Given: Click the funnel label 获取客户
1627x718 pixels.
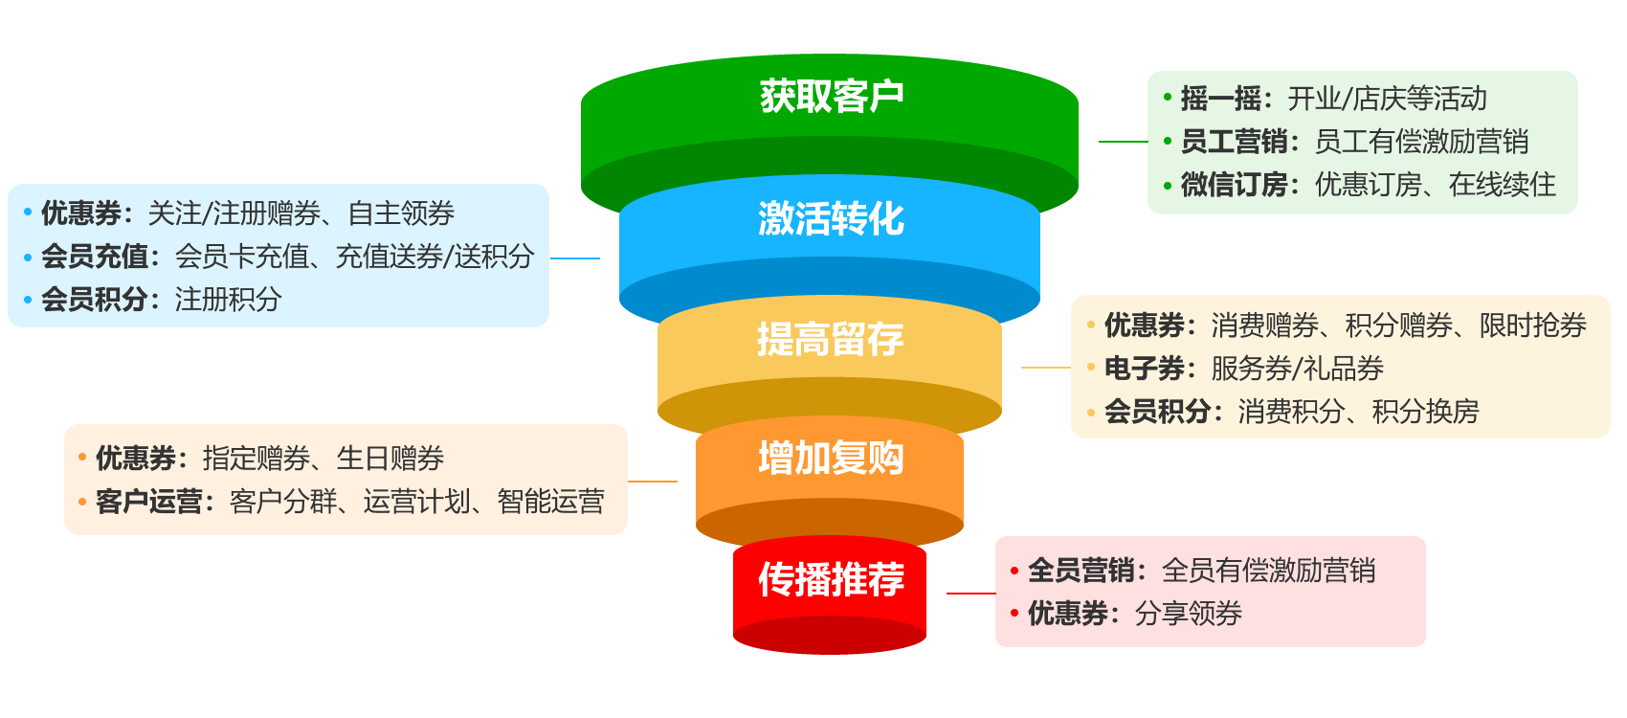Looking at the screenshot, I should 831,96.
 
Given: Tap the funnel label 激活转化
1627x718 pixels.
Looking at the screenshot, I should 831,218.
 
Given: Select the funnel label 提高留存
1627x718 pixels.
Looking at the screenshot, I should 831,339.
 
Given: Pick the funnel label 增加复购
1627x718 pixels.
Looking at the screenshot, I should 831,459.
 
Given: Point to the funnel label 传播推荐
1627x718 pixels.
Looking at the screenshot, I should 831,579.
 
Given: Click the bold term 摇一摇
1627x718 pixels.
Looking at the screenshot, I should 1220,99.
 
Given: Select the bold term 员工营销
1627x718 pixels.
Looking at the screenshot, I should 1234,142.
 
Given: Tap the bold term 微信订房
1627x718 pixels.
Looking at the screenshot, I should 1234,185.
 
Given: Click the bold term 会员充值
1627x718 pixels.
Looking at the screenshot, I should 94,257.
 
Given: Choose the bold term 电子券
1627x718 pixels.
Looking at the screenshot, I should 1144,369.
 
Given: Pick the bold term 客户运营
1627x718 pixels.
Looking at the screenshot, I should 148,502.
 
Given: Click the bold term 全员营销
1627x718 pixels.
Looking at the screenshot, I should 1081,571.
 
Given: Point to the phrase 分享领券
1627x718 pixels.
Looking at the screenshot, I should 1189,614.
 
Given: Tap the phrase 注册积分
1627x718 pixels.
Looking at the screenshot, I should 229,300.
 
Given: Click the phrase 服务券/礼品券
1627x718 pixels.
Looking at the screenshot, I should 1298,369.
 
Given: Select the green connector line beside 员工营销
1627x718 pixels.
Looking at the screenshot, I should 1123,142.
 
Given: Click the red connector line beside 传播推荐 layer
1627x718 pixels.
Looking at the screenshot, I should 970,594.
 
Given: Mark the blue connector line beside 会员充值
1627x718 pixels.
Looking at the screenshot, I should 575,258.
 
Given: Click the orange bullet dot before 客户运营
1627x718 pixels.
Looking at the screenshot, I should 82,502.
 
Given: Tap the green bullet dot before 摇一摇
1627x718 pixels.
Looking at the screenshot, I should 1168,98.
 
